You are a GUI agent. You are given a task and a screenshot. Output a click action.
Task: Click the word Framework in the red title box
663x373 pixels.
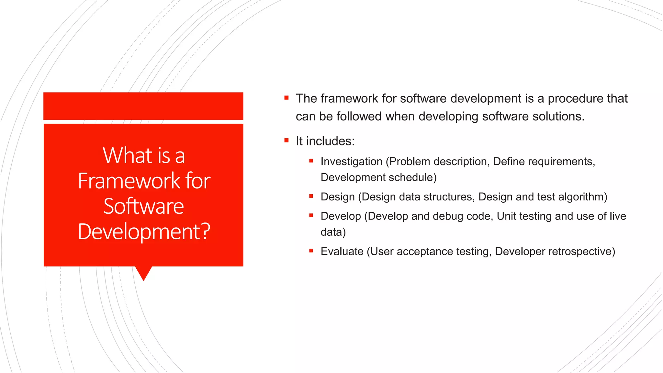point(129,181)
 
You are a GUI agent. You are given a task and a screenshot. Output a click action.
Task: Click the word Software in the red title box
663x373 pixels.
point(143,206)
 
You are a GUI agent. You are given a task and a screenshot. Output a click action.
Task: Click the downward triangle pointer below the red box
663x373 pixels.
point(143,273)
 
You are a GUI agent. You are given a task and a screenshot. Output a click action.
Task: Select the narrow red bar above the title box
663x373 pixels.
point(143,106)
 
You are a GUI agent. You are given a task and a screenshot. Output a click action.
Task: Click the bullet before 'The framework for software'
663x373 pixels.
point(287,97)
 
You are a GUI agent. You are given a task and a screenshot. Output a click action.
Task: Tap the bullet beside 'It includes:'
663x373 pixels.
point(287,140)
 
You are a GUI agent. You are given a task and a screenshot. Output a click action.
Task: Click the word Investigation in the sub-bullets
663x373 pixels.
point(351,161)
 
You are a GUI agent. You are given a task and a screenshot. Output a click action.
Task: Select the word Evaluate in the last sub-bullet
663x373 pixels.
point(342,251)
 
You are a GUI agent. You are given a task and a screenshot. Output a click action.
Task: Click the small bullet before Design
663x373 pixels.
point(311,196)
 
